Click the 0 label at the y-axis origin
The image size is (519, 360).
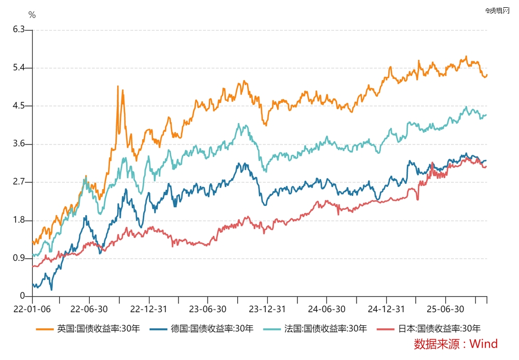[22, 296]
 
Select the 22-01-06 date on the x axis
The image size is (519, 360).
[32, 309]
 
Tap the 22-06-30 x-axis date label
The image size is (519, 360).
[89, 309]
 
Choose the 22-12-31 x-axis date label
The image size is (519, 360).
[149, 309]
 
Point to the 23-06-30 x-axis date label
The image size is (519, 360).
[208, 309]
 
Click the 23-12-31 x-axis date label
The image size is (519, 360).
[267, 309]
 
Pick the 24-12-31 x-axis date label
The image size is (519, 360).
[387, 309]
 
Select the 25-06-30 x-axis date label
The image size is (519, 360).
[445, 309]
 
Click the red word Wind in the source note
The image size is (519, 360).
[485, 344]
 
